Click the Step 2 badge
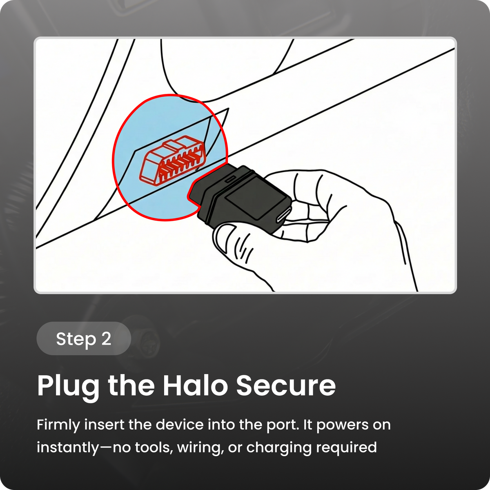point(84,338)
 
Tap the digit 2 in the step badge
point(106,339)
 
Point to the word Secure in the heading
point(286,385)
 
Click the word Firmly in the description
point(58,425)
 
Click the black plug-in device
point(240,198)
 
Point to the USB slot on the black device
point(284,214)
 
